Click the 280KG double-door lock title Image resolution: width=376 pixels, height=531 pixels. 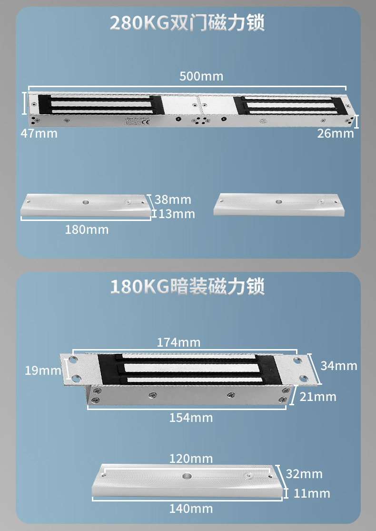[x=187, y=23]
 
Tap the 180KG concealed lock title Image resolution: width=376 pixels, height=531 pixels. [x=187, y=287]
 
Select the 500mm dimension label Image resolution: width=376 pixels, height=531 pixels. [x=201, y=76]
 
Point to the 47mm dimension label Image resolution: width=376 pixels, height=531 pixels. [x=39, y=133]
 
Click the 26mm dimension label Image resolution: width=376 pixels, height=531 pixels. [x=336, y=133]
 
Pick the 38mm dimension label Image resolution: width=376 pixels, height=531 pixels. [x=172, y=200]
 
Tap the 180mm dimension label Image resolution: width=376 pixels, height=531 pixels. [x=87, y=230]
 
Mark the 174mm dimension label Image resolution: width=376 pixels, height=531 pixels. [x=178, y=342]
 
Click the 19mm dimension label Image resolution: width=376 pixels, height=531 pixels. [x=43, y=370]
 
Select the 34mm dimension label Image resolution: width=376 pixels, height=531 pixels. [x=338, y=366]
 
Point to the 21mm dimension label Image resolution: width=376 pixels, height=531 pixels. [x=318, y=396]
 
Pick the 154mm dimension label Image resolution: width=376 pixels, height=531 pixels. [x=191, y=418]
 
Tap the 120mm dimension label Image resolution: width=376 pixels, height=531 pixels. [x=191, y=459]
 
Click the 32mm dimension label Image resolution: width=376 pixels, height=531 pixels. [x=304, y=474]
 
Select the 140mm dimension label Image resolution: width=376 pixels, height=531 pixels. [x=191, y=509]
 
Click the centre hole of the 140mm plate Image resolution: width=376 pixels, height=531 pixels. [x=186, y=476]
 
